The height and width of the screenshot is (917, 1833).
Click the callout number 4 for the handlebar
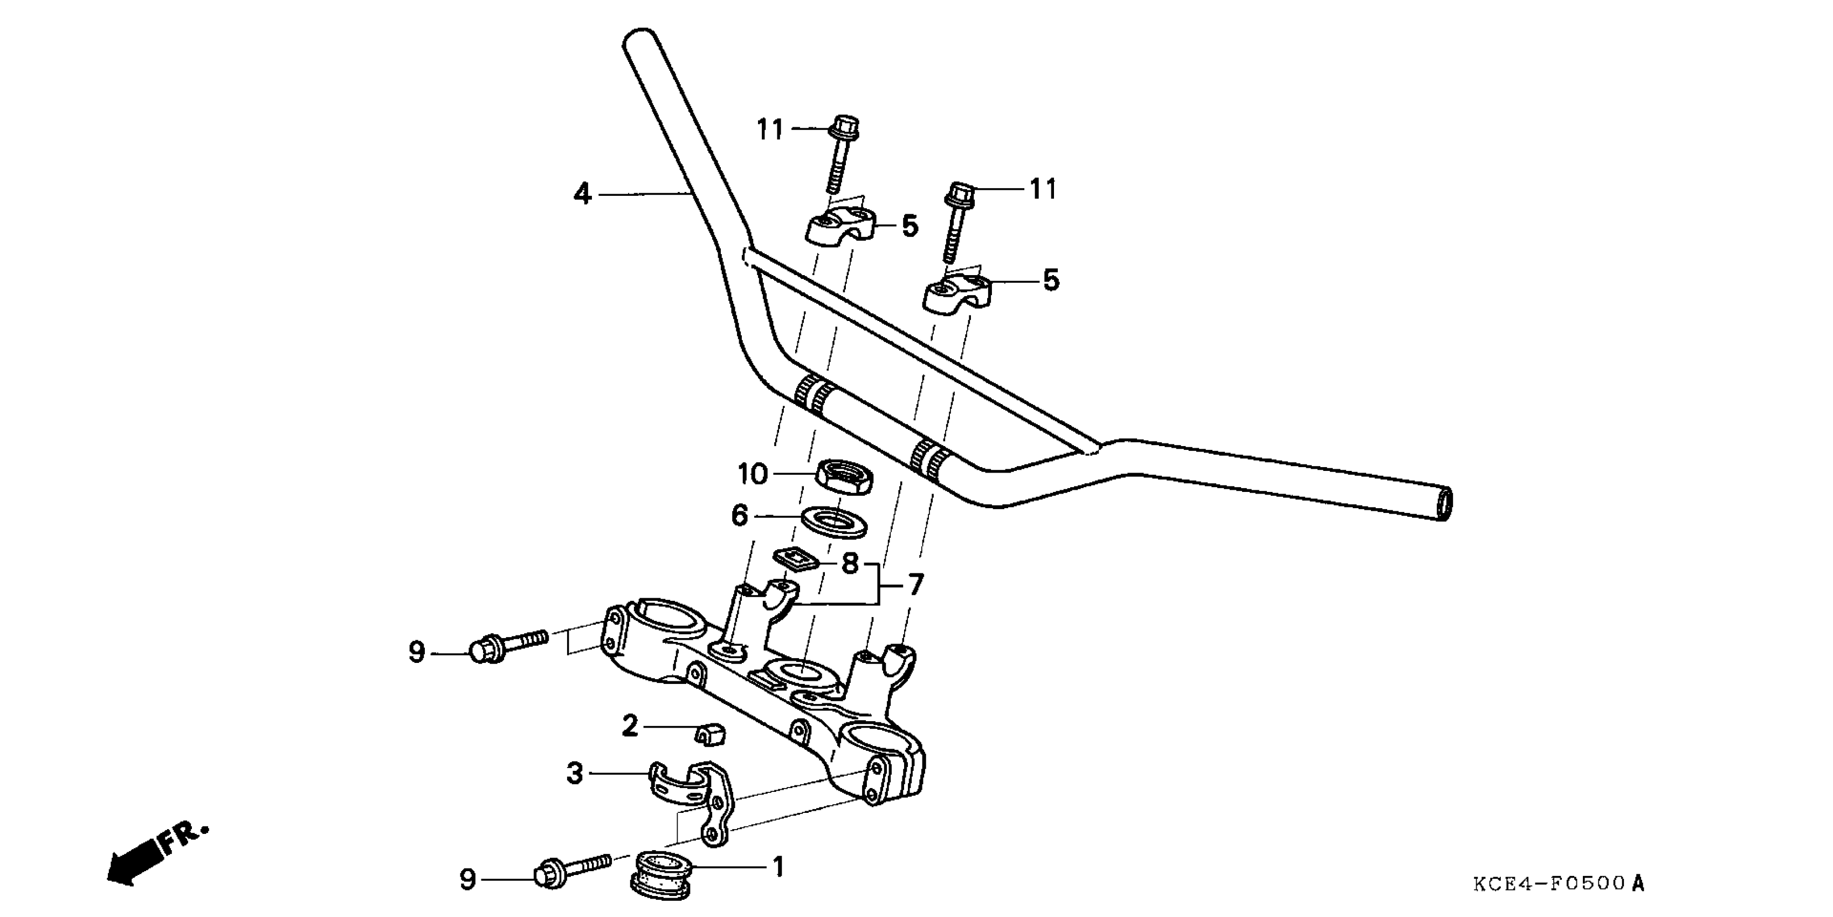click(x=582, y=194)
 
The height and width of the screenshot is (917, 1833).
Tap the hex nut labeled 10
click(x=843, y=476)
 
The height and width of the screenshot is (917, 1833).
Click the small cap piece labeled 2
click(x=709, y=734)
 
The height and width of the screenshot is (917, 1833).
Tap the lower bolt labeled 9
click(x=572, y=875)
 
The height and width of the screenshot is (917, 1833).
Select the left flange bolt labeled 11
click(x=843, y=151)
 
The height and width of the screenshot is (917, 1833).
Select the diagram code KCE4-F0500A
click(x=1559, y=884)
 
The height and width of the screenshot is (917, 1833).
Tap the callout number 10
click(x=753, y=474)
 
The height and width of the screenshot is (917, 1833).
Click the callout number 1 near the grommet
click(x=778, y=867)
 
